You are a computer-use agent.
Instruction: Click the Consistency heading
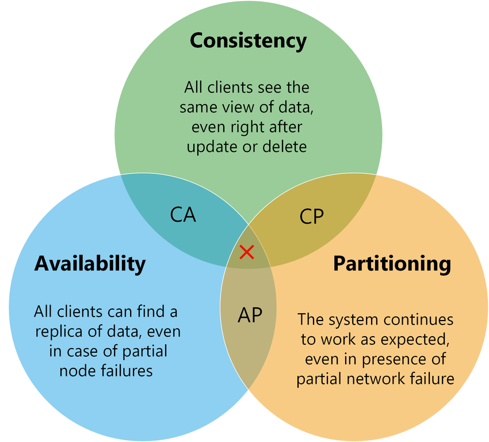click(248, 41)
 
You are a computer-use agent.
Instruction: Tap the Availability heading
click(90, 263)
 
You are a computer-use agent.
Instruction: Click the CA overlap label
click(183, 214)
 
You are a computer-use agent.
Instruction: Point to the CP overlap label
click(312, 216)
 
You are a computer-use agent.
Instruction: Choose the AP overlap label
click(250, 314)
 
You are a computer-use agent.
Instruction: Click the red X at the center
click(247, 252)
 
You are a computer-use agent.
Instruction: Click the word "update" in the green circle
click(209, 146)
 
